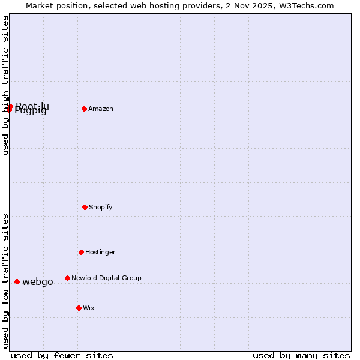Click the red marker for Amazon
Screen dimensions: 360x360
click(x=84, y=109)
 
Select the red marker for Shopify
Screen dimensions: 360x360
click(x=85, y=207)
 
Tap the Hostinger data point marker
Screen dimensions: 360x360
click(x=81, y=252)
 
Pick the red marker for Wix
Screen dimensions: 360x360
click(x=79, y=308)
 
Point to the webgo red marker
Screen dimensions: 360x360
click(x=17, y=281)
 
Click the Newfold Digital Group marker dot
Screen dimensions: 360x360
click(x=67, y=278)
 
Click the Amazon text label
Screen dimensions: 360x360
click(x=101, y=109)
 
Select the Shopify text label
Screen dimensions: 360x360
click(x=101, y=207)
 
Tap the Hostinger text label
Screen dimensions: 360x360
click(x=100, y=252)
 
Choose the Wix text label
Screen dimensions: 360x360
click(x=89, y=308)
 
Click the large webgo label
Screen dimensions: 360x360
click(x=38, y=282)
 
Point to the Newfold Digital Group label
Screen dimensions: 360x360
click(x=106, y=278)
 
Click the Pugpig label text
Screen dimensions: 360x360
click(x=31, y=111)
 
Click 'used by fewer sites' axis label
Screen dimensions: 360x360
click(x=62, y=355)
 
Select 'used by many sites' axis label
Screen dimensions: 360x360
click(x=301, y=355)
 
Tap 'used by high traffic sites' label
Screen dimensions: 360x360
click(x=6, y=85)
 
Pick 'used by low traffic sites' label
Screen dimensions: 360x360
click(x=6, y=280)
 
